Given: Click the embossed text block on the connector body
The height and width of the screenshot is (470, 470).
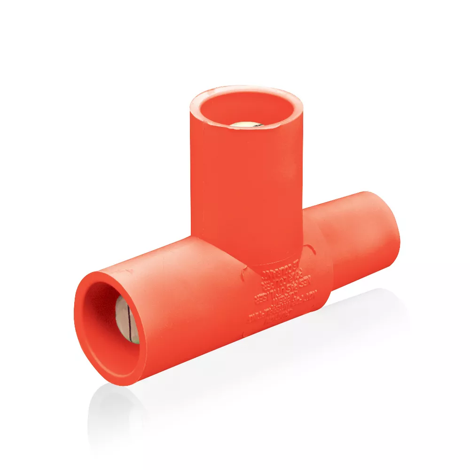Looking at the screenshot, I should click(278, 296).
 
